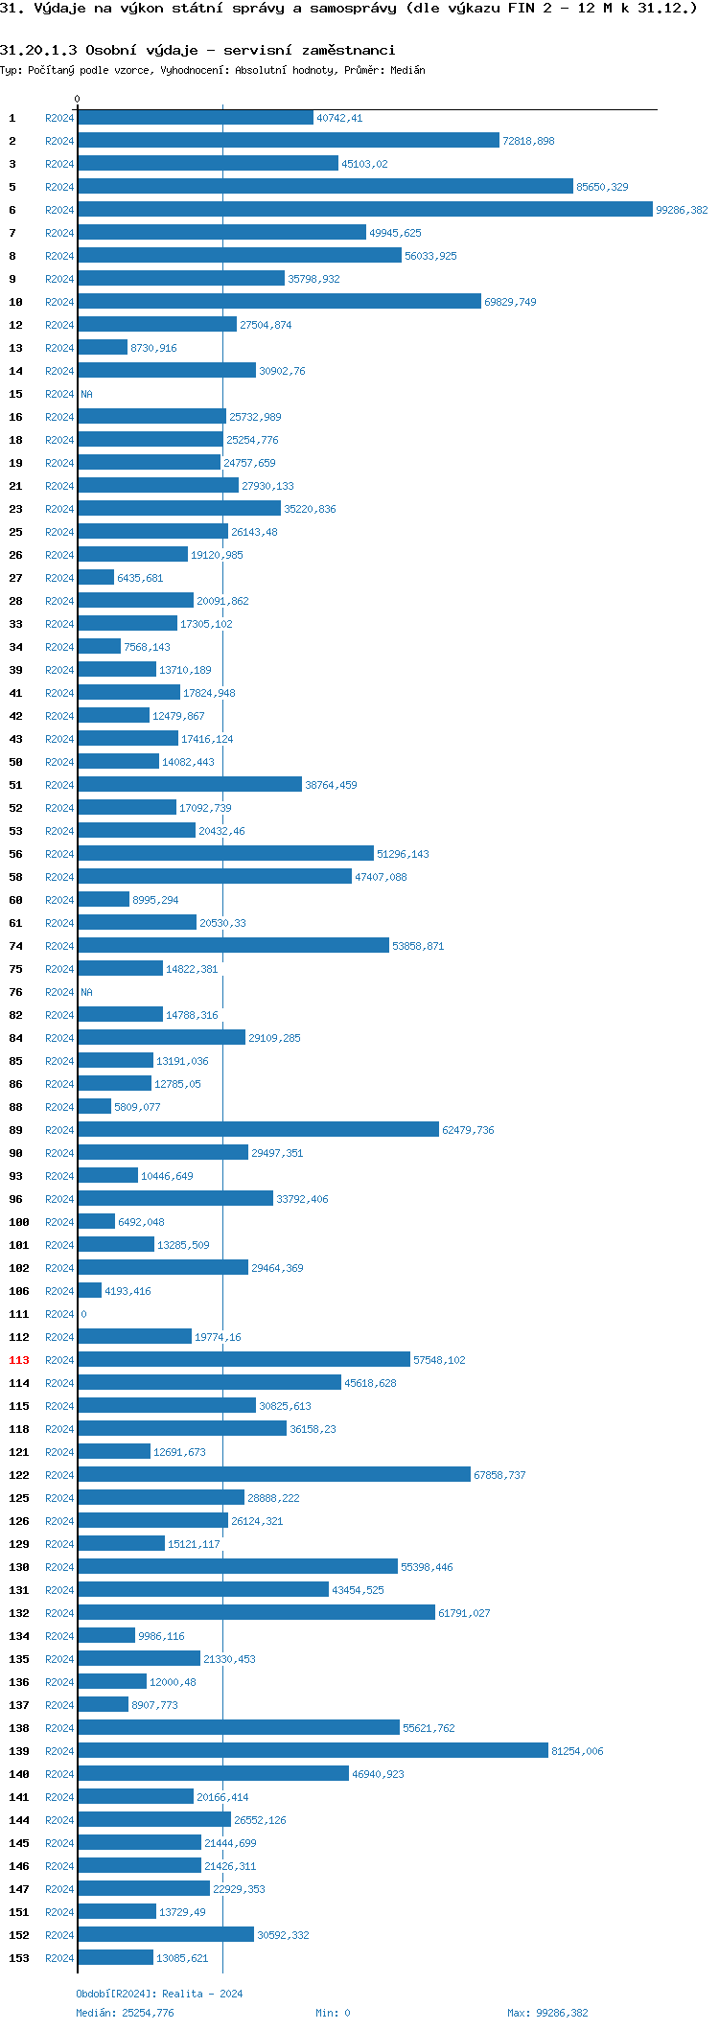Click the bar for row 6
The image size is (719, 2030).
[x=364, y=210]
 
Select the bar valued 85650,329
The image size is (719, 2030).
[x=325, y=187]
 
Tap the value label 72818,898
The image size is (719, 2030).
[x=528, y=141]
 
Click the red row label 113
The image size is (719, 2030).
[x=19, y=1360]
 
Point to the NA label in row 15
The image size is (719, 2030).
[x=87, y=394]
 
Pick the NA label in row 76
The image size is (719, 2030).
[x=87, y=992]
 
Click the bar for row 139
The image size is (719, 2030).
[x=313, y=1751]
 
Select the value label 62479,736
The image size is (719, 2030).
[x=468, y=1130]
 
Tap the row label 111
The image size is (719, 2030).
[x=19, y=1314]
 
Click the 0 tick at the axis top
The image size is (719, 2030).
[x=78, y=99]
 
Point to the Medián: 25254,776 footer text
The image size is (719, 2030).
[x=125, y=2013]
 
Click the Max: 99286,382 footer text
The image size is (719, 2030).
[x=547, y=2013]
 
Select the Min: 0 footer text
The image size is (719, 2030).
[x=333, y=2013]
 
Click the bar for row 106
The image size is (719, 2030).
[x=90, y=1291]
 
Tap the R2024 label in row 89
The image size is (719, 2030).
[x=59, y=1130]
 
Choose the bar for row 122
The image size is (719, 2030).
[x=274, y=1475]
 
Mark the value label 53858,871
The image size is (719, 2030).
[x=418, y=946]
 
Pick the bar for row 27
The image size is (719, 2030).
[x=96, y=578]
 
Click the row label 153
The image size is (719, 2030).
[x=19, y=1958]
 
